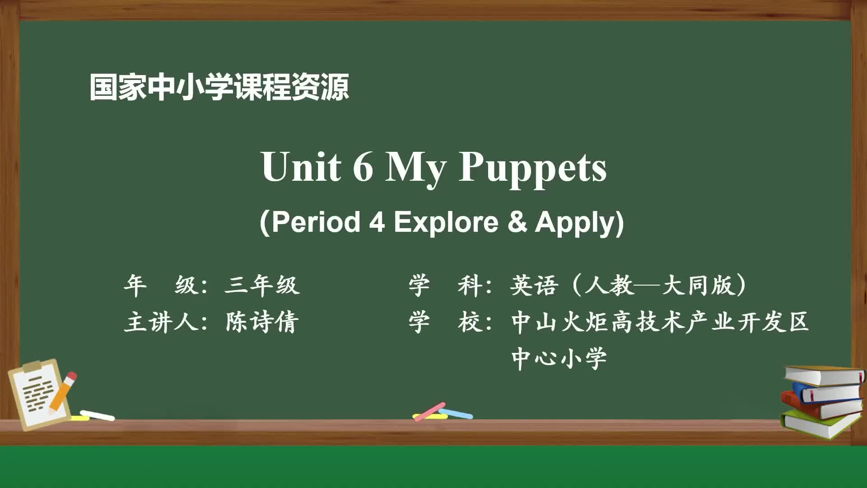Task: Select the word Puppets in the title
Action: [532, 169]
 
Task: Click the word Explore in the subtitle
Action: [446, 222]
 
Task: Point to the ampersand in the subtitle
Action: [517, 222]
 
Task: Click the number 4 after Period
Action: [377, 222]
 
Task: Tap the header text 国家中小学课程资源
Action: [219, 87]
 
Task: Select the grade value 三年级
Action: [262, 286]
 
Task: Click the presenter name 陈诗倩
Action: [262, 322]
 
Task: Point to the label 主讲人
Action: [161, 322]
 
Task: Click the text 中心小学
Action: [559, 359]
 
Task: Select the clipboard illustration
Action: [39, 394]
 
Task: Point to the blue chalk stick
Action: [456, 413]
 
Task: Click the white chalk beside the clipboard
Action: [97, 416]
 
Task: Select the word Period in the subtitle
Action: [316, 222]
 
